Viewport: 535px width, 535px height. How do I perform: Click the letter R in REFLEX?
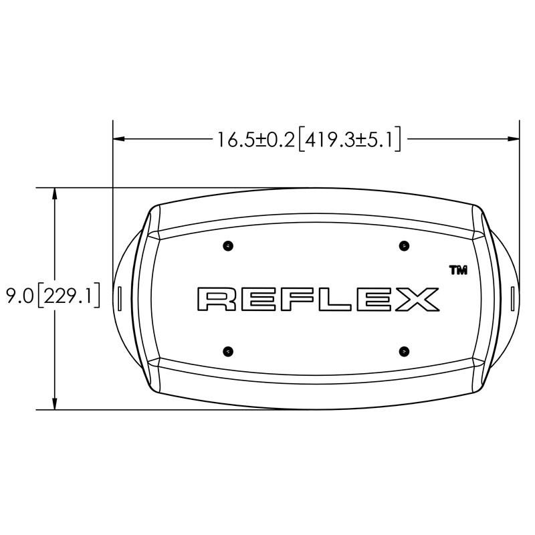click(x=217, y=299)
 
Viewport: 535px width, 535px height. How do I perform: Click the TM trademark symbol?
click(x=457, y=270)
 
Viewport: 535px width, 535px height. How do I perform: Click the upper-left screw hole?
click(x=229, y=246)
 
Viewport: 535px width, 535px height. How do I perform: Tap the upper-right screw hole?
click(x=403, y=246)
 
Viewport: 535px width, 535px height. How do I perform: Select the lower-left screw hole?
click(x=229, y=350)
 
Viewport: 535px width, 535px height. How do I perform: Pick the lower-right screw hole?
click(x=403, y=350)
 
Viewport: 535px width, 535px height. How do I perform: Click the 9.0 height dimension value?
click(x=17, y=295)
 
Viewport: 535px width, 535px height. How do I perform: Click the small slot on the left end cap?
click(x=119, y=298)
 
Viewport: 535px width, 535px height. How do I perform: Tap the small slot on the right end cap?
click(x=512, y=298)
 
